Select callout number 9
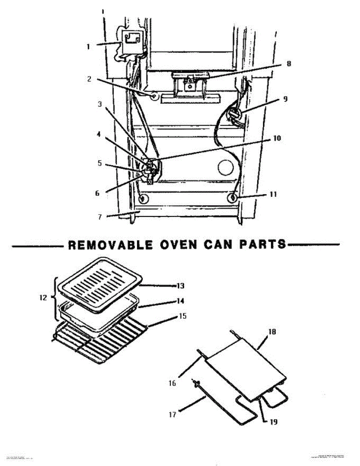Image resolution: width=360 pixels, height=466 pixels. click(285, 99)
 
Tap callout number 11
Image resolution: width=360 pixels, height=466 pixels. click(273, 194)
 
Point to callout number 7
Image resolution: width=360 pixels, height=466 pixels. click(100, 217)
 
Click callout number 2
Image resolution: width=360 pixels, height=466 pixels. click(89, 79)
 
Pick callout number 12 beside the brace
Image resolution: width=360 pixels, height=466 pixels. click(43, 298)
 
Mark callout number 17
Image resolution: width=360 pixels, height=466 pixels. click(173, 415)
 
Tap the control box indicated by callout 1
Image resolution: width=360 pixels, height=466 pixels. click(131, 42)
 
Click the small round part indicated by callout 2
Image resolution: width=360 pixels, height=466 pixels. click(155, 96)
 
